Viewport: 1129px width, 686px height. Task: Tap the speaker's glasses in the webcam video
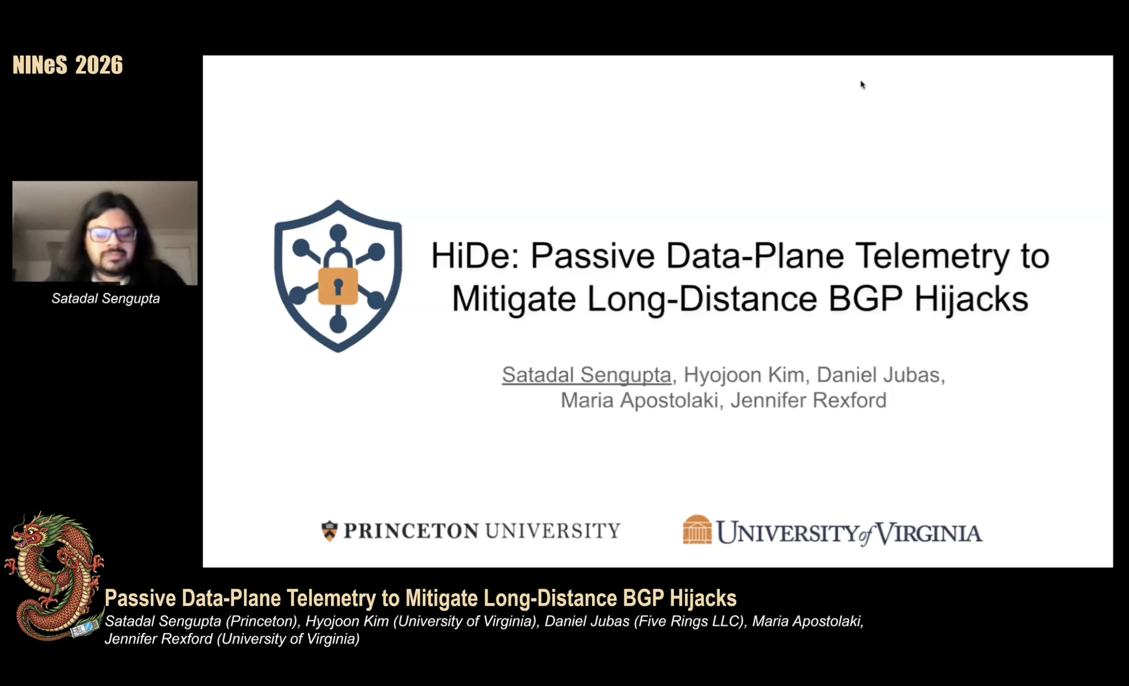click(112, 234)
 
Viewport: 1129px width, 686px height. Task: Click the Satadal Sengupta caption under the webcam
click(106, 299)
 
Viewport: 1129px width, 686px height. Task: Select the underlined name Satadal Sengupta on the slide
click(586, 375)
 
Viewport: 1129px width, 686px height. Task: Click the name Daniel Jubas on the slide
click(878, 375)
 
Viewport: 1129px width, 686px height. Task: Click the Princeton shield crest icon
click(329, 531)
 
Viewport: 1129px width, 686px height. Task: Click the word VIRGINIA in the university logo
click(928, 533)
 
